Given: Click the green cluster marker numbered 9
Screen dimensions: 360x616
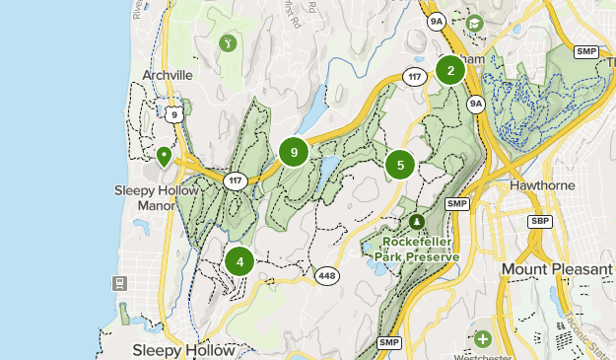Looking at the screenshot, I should [x=294, y=152].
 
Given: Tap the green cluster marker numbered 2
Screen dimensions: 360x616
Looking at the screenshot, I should [x=450, y=70].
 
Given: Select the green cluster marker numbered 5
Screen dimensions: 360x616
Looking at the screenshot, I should [x=399, y=165].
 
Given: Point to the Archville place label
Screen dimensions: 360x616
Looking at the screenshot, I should [x=167, y=74].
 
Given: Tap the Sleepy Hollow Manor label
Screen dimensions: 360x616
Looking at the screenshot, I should [x=143, y=198].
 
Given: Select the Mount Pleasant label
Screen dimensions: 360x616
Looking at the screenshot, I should [x=556, y=268].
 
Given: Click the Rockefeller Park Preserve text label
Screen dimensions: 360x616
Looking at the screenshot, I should [x=417, y=250].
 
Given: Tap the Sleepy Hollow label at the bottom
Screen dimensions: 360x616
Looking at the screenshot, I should [x=184, y=350].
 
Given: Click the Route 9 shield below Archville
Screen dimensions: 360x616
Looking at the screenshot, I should [x=173, y=114].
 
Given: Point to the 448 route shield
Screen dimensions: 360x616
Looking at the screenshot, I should [x=327, y=275].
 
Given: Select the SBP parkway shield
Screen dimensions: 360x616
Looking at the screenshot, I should [x=538, y=221].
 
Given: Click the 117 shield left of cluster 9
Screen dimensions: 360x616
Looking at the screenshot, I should [x=235, y=180].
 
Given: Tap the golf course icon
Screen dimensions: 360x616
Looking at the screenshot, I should [x=229, y=43].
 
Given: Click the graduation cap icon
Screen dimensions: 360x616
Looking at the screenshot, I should [x=474, y=23].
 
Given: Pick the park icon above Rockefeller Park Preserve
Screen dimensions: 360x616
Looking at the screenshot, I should [x=417, y=221].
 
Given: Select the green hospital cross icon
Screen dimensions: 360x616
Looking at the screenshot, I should [x=482, y=339].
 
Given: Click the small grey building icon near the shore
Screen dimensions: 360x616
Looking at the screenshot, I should [x=121, y=283].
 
